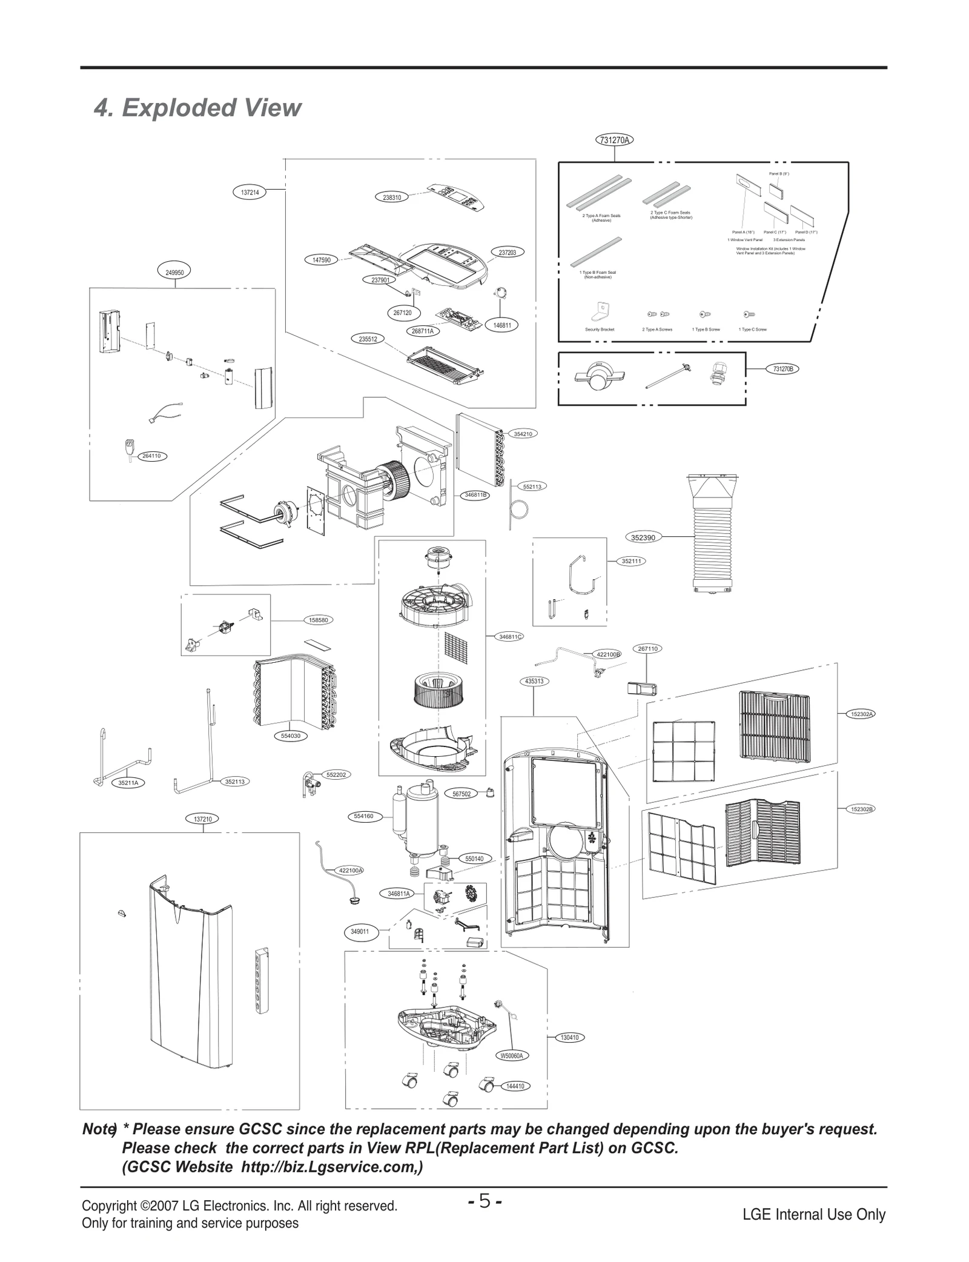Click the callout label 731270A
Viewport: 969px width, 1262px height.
614,140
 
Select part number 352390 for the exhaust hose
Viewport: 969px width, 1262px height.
643,537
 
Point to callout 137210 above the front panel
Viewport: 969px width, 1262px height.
202,819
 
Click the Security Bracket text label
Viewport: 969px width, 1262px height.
600,330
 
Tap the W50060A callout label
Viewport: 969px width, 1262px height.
512,1055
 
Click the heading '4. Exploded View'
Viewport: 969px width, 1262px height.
197,108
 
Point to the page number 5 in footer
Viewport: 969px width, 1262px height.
484,1200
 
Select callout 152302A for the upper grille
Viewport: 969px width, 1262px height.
861,714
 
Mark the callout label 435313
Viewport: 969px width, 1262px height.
534,681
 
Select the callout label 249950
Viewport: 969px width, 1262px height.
174,273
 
